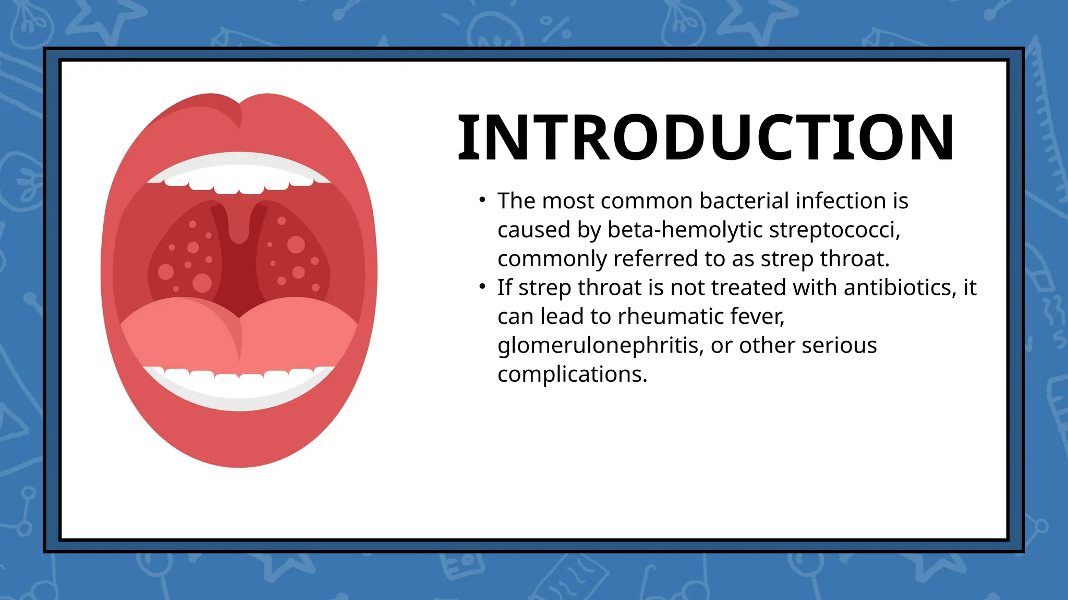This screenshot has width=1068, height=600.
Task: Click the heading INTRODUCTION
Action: [706, 138]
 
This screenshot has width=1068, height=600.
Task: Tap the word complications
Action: [572, 374]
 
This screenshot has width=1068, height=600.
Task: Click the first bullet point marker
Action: [482, 200]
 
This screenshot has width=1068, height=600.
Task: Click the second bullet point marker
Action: [482, 286]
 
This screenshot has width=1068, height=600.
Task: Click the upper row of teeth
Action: [239, 180]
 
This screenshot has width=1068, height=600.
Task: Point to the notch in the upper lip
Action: [239, 112]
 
